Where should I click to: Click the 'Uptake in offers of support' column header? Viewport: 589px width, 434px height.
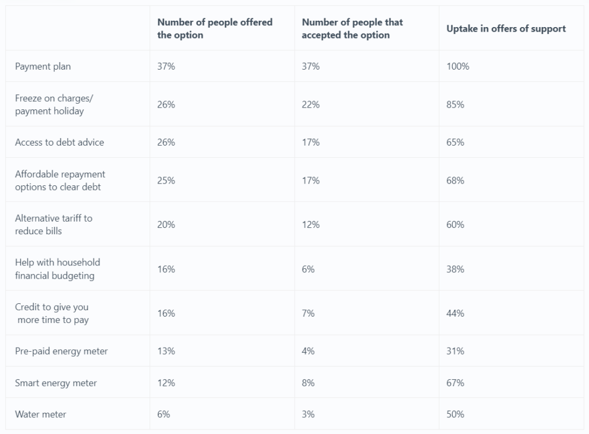[x=506, y=29]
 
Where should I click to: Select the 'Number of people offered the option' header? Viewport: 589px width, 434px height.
[x=215, y=29]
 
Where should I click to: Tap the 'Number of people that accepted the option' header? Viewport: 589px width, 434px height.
[x=352, y=29]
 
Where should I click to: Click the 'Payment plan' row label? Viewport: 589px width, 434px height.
[x=43, y=66]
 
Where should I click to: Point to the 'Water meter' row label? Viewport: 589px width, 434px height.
[x=41, y=414]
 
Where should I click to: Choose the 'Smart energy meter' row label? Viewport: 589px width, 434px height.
[x=56, y=383]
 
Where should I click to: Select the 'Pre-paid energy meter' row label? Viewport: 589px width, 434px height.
[x=62, y=351]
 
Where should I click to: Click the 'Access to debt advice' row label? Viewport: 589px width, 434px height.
[x=59, y=142]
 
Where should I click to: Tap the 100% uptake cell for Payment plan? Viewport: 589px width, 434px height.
[x=458, y=66]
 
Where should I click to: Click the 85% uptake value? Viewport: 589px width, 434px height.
[x=455, y=105]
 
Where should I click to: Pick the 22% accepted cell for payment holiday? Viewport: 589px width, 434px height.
[x=311, y=105]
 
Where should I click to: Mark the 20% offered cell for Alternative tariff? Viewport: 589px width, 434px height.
[x=166, y=224]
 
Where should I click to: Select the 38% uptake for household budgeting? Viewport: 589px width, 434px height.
[x=455, y=269]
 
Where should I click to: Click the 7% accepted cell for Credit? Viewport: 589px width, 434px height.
[x=308, y=313]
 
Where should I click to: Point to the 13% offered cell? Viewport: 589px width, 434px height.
[x=166, y=351]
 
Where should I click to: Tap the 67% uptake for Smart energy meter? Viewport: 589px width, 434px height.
[x=455, y=383]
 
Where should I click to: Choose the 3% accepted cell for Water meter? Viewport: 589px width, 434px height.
[x=308, y=414]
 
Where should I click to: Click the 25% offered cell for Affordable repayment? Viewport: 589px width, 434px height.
[x=166, y=181]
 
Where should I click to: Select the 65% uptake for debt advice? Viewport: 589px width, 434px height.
[x=455, y=142]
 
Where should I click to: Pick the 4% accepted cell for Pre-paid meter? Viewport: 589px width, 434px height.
[x=308, y=351]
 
